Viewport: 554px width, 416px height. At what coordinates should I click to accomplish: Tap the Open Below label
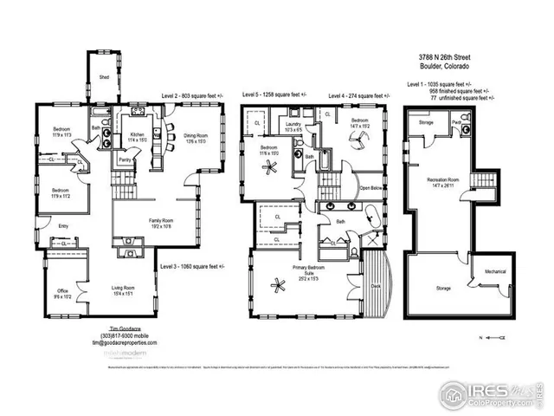(371, 187)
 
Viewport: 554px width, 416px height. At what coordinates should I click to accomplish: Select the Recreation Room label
(441, 181)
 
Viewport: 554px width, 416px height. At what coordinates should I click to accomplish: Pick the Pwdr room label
(456, 122)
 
